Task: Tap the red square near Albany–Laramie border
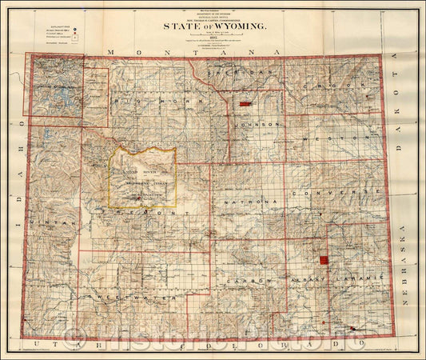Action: click(x=324, y=260)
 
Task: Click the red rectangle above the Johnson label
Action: click(x=245, y=104)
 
